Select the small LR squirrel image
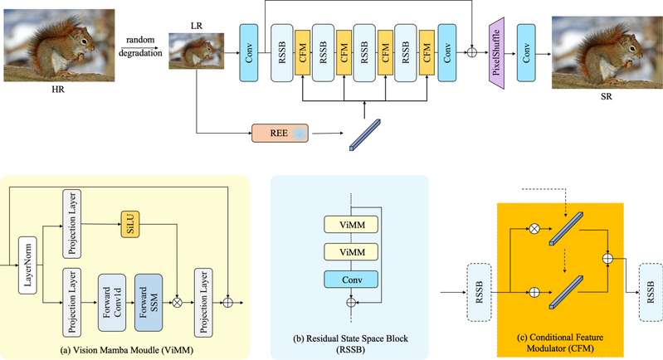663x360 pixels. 196,57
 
